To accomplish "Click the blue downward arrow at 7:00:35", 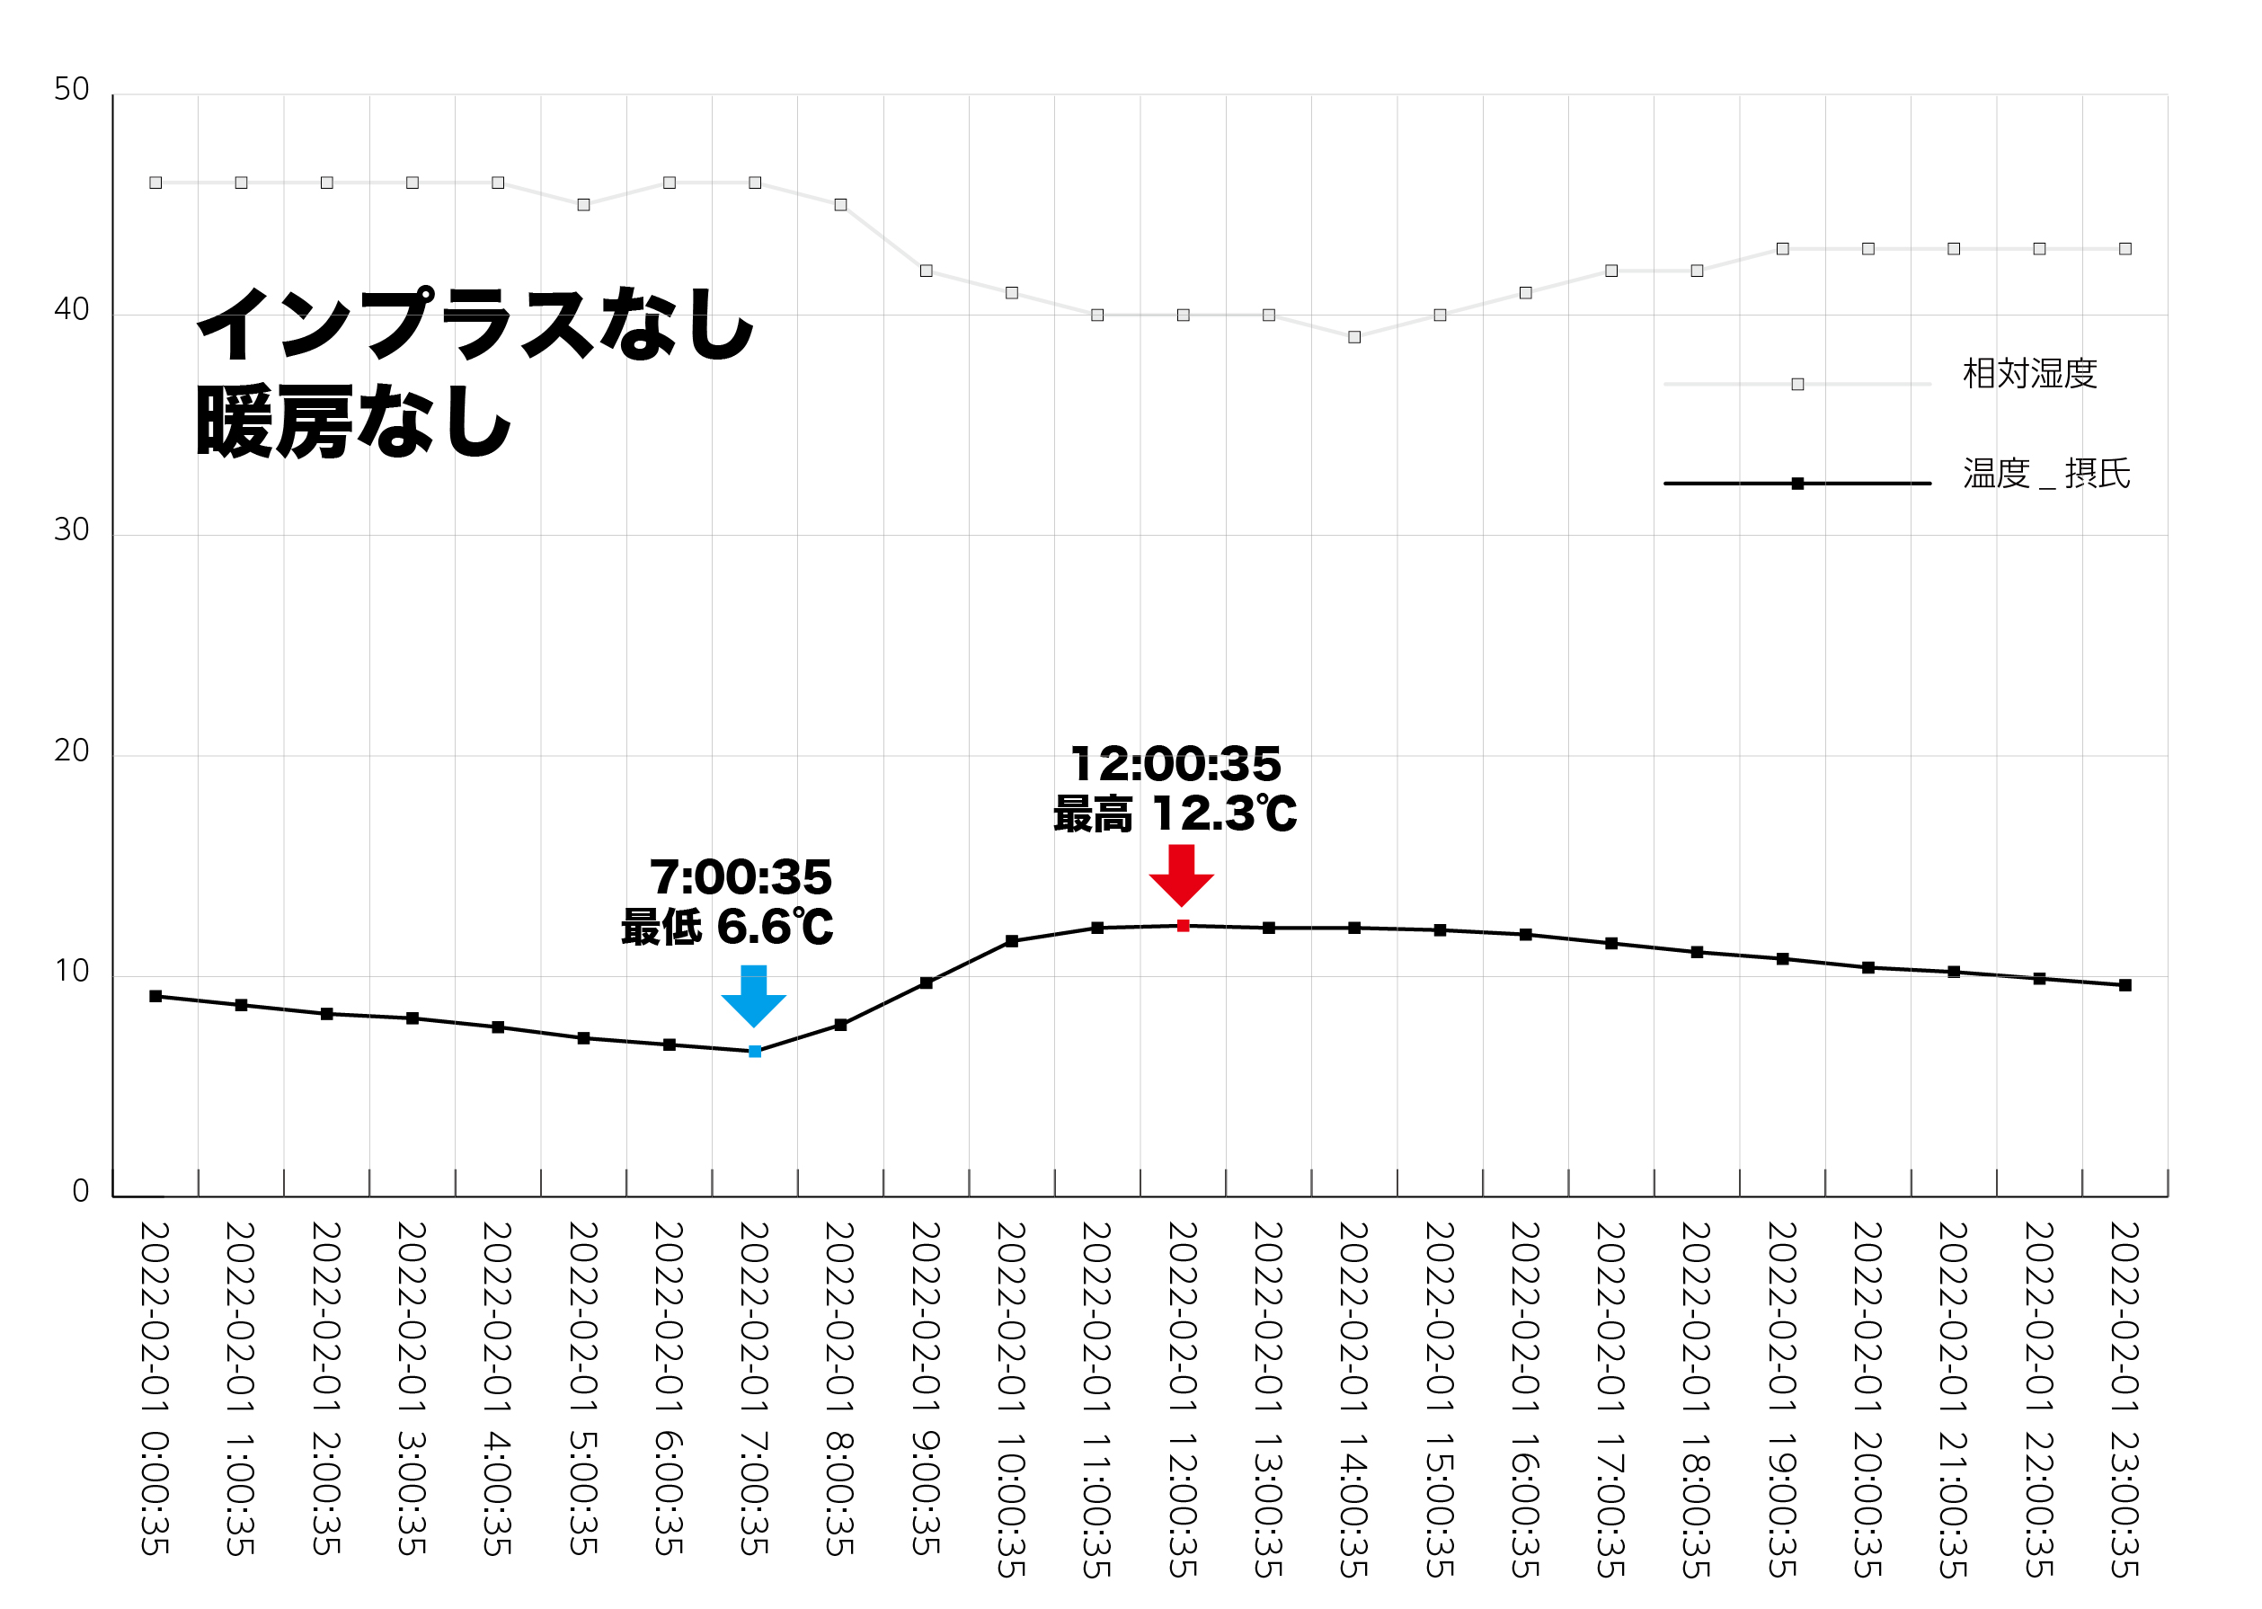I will coord(754,995).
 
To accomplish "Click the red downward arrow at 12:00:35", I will coord(1182,874).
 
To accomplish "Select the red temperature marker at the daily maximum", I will coord(1183,925).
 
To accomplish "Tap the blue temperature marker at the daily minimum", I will coord(755,1051).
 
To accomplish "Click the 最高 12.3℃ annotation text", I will coord(1175,814).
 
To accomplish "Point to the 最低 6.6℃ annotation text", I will coord(727,928).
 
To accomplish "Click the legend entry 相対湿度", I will coord(2029,375).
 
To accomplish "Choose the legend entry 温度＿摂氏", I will coord(2046,475).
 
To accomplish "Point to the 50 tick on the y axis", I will coord(71,89).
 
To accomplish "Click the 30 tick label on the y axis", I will coord(71,530).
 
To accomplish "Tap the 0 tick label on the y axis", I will coord(80,1191).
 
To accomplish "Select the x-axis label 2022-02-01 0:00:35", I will coord(155,1387).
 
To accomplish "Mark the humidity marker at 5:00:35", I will coord(583,205).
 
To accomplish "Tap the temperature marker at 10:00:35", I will coord(1011,941).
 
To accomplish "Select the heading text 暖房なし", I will coord(353,422).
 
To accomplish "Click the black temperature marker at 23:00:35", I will coord(2125,985).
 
